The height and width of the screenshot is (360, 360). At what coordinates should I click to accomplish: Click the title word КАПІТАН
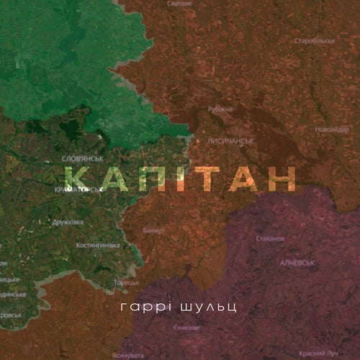[x=180, y=177]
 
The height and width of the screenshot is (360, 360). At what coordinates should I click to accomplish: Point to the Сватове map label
[x=179, y=4]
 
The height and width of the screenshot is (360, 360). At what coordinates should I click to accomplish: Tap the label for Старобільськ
[x=315, y=41]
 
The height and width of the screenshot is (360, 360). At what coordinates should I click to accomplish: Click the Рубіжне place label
[x=220, y=109]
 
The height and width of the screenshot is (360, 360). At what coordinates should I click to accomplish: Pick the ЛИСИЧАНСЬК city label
[x=232, y=142]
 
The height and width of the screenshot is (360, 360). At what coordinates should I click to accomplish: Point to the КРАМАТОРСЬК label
[x=79, y=189]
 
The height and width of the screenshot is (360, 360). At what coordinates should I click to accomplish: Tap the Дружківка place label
[x=68, y=222]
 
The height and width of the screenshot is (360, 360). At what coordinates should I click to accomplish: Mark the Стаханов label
[x=270, y=238]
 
